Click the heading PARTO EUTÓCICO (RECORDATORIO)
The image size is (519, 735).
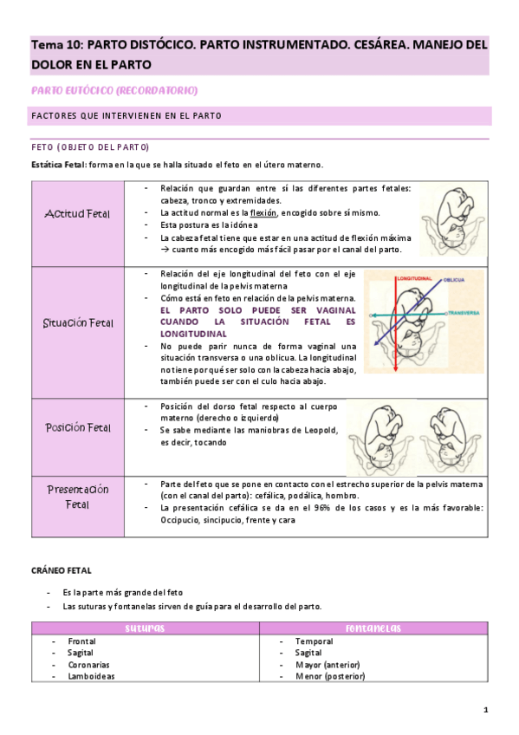114,90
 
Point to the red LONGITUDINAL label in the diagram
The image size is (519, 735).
414,279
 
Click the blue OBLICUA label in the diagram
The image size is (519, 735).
456,280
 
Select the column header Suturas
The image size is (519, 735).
145,628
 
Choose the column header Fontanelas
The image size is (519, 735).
372,628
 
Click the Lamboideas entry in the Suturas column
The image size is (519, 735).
91,676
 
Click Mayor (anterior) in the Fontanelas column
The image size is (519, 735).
328,665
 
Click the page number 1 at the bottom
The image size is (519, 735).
486,711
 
